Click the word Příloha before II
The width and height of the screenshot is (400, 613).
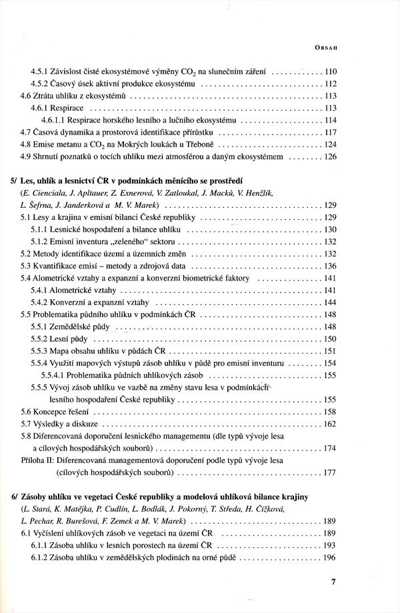pos(37,460)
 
